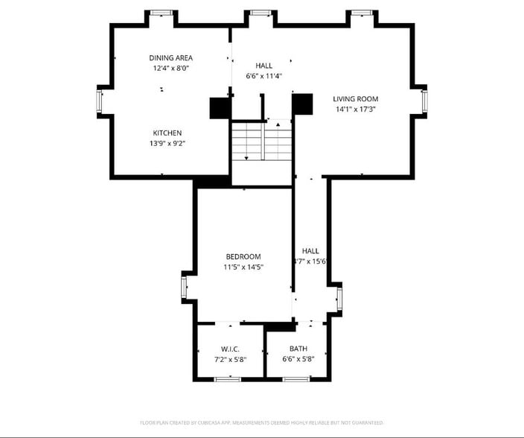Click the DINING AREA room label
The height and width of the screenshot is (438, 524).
pos(170,57)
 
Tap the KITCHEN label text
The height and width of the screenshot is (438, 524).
pos(167,133)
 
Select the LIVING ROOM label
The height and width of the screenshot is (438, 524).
pos(355,99)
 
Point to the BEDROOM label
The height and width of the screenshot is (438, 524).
pos(243,256)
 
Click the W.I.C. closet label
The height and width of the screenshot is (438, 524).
pos(229,349)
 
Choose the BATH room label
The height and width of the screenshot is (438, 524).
pos(298,349)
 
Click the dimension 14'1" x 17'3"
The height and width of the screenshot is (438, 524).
pos(355,110)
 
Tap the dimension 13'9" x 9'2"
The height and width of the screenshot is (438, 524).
pos(167,143)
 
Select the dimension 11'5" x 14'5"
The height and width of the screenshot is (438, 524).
pos(243,267)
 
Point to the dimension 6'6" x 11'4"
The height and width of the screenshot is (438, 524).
pos(263,75)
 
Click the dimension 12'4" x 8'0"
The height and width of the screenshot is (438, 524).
pos(170,68)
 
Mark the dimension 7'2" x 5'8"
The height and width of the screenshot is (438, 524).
pos(229,359)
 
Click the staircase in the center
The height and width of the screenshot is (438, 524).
pos(261,142)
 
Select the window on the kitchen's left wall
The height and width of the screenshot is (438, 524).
pos(99,102)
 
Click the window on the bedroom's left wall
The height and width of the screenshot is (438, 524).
pos(184,288)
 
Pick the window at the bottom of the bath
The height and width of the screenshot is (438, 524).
pos(296,379)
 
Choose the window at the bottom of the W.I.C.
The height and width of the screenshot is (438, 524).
pos(227,379)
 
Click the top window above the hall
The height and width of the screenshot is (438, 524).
pos(260,13)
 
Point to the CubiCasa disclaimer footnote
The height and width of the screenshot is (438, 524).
pos(261,422)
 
